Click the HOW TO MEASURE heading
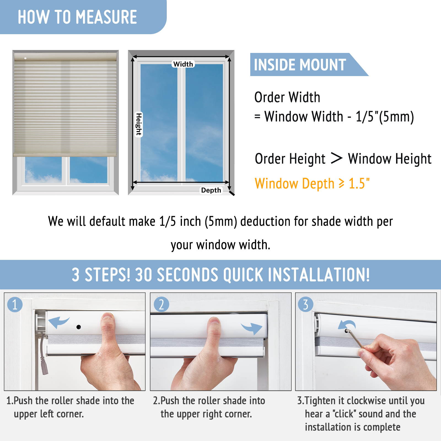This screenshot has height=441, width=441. [77, 17]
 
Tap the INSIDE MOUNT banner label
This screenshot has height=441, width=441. [300, 65]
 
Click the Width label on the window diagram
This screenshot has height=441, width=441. [183, 64]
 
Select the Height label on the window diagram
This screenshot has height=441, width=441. [139, 124]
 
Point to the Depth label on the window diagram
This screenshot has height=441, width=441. [211, 190]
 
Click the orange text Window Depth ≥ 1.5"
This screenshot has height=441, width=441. [312, 184]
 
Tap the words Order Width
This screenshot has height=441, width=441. [287, 97]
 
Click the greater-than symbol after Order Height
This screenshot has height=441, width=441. [337, 158]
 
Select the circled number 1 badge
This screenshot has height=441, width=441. [15, 305]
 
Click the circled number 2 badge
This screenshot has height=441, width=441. [161, 305]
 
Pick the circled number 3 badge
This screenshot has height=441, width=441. [305, 305]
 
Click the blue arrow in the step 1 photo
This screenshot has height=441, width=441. [59, 322]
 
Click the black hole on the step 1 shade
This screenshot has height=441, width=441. [79, 327]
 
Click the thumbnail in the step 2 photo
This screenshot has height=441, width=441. [214, 321]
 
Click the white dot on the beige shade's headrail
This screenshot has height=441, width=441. [25, 58]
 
